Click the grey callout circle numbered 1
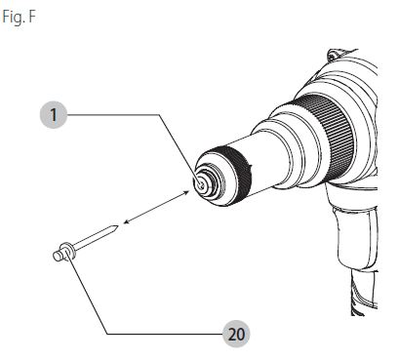tap(54, 115)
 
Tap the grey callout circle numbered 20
tap(236, 334)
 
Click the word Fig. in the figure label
tap(13, 17)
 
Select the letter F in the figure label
tap(31, 17)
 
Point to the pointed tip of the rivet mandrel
tap(116, 226)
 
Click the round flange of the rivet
tap(68, 251)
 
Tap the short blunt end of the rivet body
tap(58, 256)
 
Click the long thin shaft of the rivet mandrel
tap(95, 237)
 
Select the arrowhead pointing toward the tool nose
tap(186, 193)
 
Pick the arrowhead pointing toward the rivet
tap(127, 222)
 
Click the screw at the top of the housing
tap(334, 55)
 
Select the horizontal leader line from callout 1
tap(113, 114)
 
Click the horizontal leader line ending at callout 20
tap(165, 334)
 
